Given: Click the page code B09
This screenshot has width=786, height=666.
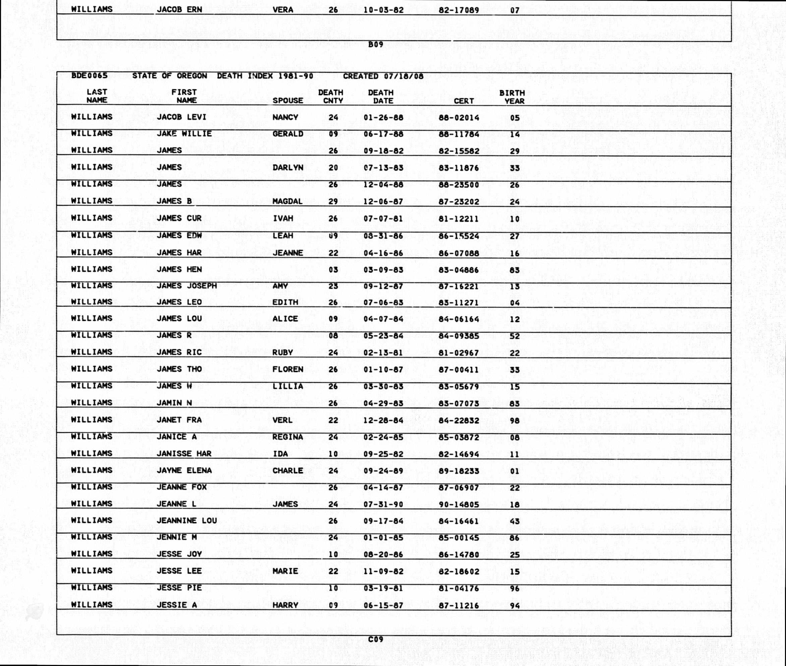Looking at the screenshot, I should click(x=375, y=45).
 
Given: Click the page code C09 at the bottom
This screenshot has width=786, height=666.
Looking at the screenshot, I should click(x=375, y=639).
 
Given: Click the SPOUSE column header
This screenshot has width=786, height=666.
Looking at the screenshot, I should click(x=288, y=101).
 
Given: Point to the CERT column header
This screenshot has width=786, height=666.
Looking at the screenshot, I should click(x=464, y=101).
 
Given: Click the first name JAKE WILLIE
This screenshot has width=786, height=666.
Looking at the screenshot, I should click(x=184, y=134).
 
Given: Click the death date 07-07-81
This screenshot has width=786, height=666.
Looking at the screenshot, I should click(x=383, y=219).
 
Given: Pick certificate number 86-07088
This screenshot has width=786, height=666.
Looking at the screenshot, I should click(x=459, y=253).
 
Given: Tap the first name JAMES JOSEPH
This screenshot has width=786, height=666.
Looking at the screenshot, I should click(x=187, y=286).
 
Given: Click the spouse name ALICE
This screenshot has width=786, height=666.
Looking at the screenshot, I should click(x=285, y=319).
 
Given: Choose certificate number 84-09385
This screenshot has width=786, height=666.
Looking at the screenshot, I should click(x=459, y=336).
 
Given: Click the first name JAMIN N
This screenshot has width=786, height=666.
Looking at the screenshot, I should click(x=174, y=403).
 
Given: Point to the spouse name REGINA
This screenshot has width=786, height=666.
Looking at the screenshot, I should click(x=288, y=437).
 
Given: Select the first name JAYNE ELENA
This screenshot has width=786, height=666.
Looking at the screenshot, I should click(x=184, y=470).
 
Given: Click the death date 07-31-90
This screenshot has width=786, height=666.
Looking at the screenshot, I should click(x=383, y=505).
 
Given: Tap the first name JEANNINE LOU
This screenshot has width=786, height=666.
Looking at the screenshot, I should click(x=187, y=521).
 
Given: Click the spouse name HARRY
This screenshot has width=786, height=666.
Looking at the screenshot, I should click(x=285, y=605).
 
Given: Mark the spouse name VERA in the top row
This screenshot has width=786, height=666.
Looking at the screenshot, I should click(x=283, y=9).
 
